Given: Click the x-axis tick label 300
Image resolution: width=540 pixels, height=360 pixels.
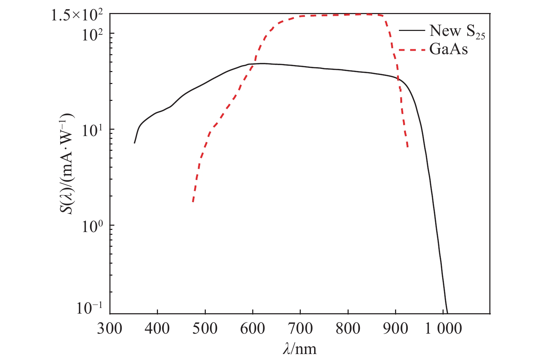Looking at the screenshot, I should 110,329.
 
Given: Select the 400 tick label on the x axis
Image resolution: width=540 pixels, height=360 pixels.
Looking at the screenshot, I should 158,329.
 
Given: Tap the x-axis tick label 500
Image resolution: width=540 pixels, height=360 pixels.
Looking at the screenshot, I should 205,329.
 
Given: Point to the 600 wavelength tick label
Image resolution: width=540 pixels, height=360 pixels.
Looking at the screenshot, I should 253,329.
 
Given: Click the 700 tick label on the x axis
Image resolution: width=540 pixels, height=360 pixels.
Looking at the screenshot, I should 300,329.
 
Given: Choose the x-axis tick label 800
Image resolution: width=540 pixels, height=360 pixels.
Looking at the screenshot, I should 348,329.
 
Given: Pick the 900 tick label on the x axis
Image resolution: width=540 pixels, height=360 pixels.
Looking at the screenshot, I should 396,329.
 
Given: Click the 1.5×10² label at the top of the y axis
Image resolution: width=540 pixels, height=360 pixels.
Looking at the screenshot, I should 77,15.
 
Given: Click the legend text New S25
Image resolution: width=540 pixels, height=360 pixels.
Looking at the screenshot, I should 457,31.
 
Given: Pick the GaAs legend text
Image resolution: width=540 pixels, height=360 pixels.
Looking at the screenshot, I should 449,49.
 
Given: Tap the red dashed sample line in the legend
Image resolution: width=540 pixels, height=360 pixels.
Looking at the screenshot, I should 412,50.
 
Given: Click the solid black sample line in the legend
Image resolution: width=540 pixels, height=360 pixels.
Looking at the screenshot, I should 412,31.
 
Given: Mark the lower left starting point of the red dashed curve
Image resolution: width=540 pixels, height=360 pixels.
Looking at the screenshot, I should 193,201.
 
